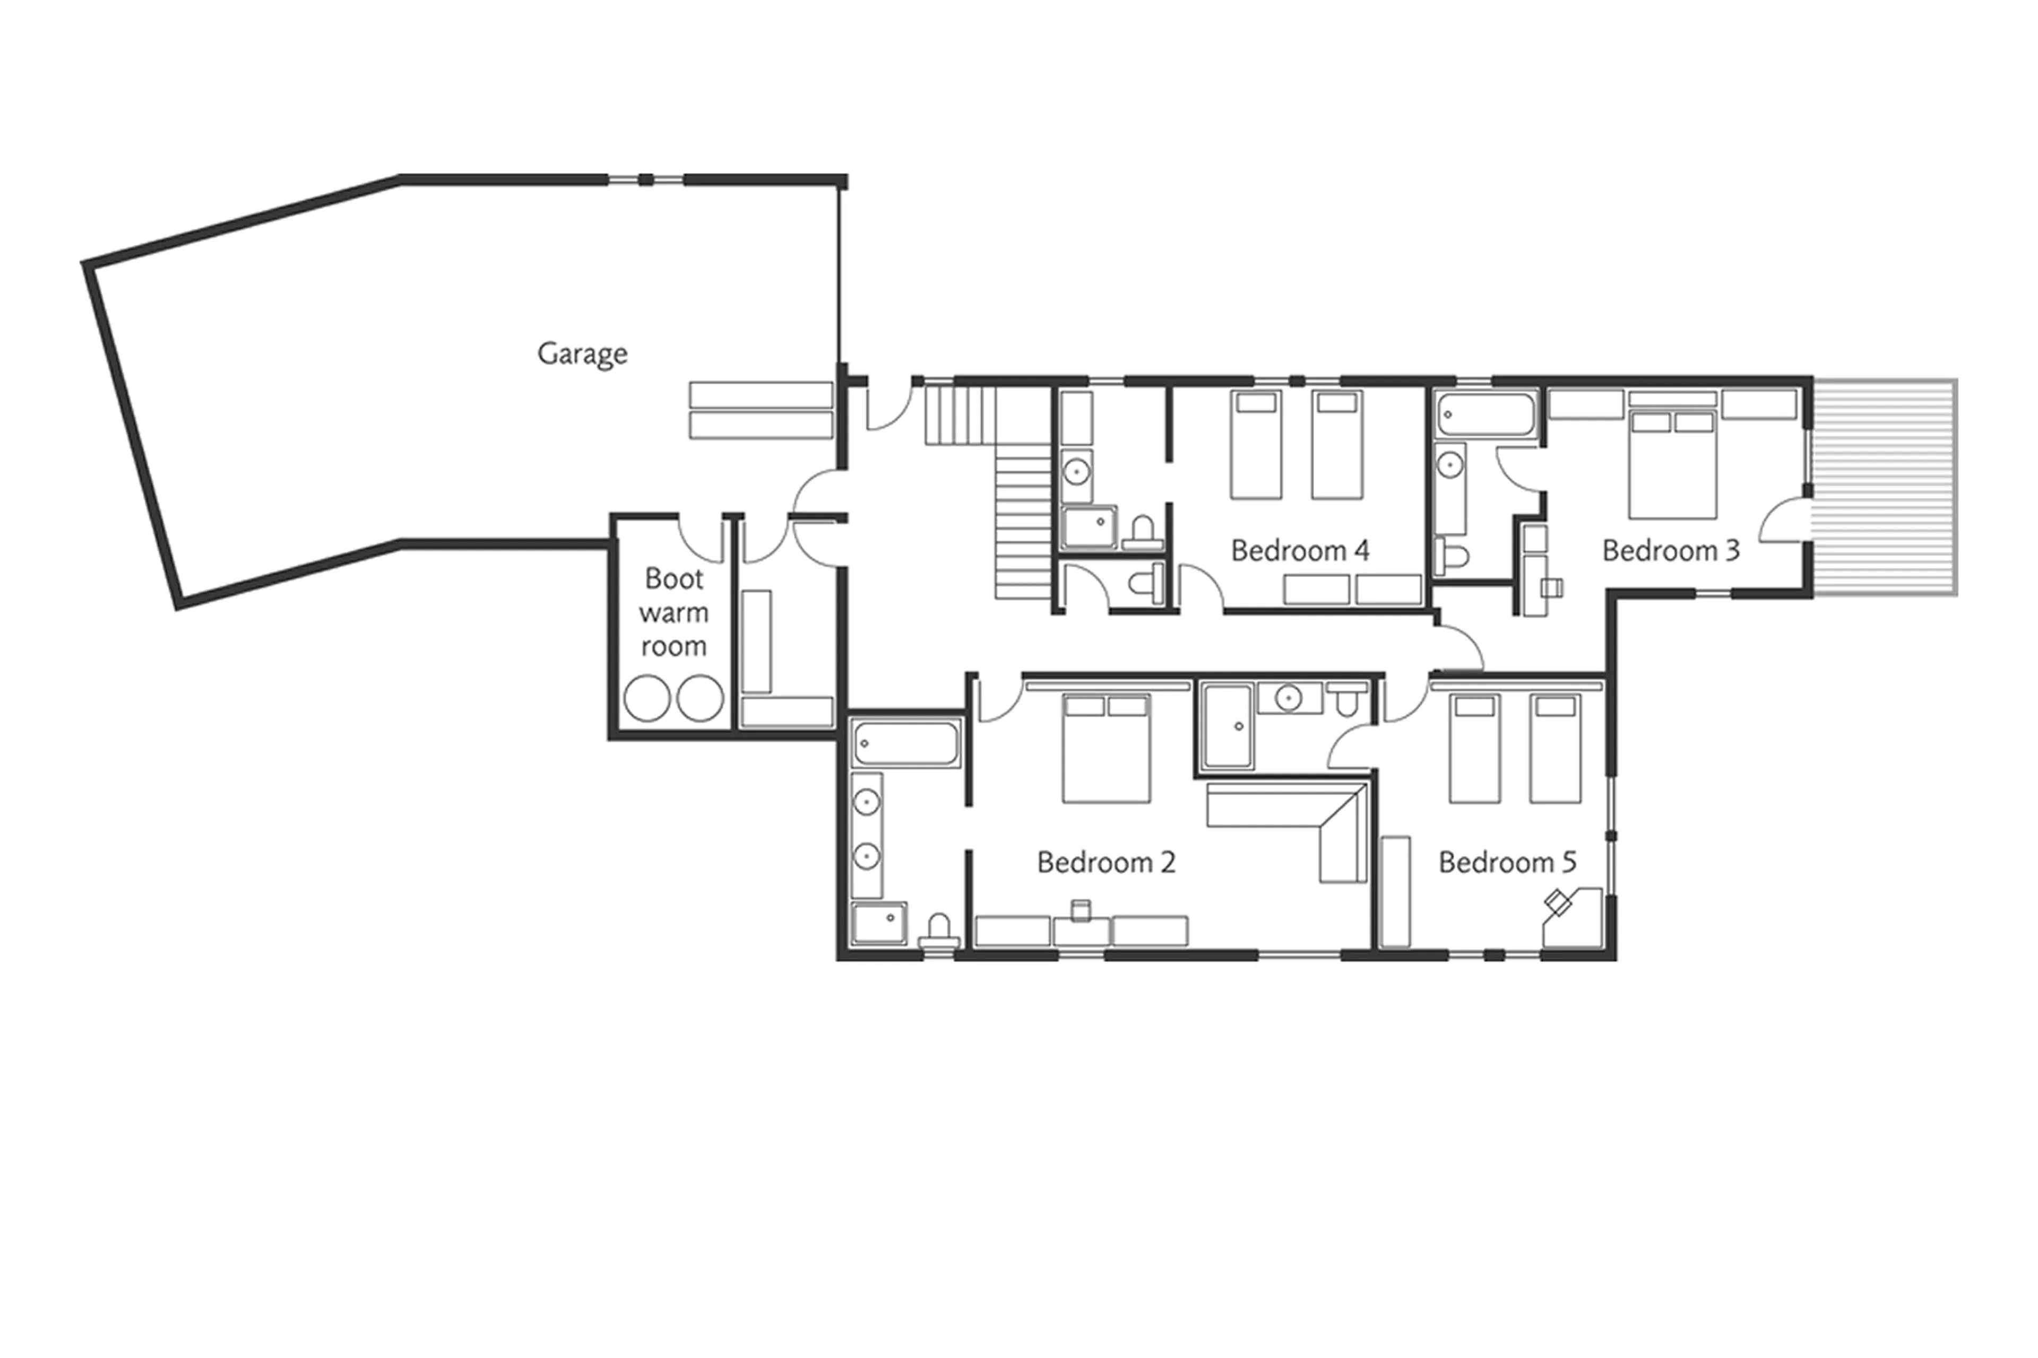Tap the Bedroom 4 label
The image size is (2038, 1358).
pos(1299,551)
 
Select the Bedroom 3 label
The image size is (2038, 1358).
pos(1670,551)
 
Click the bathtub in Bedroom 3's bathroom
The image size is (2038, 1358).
pos(1486,414)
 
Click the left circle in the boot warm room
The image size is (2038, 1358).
pos(646,698)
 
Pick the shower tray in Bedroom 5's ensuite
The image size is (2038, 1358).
pos(1227,726)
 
